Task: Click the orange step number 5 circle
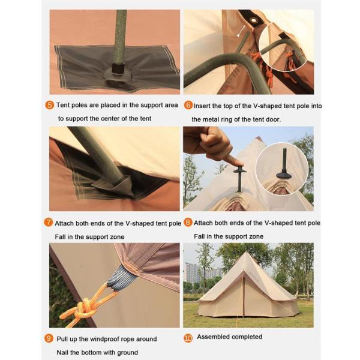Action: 50,105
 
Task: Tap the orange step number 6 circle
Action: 188,106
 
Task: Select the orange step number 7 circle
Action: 48,222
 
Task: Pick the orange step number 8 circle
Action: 188,222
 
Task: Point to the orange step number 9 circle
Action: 49,338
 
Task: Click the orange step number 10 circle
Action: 188,338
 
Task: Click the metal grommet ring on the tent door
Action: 254,20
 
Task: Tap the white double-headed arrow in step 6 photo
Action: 242,31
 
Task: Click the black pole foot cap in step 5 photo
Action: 118,68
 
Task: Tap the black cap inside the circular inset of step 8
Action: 284,175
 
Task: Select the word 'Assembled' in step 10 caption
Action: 213,337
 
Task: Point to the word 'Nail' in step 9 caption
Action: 62,352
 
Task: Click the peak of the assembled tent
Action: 247,253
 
